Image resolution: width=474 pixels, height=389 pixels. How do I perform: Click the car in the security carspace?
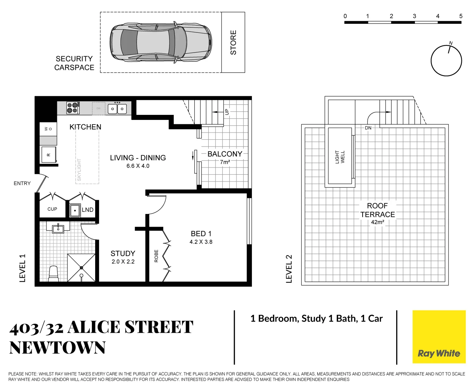click(161, 42)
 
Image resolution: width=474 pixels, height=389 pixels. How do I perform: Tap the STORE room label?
click(233, 43)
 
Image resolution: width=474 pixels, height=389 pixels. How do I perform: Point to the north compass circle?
click(446, 61)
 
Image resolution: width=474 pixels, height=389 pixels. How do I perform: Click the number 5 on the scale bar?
click(461, 16)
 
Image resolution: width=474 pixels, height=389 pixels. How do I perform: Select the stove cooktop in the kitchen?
click(73, 108)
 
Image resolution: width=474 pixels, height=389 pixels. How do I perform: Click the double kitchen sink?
click(117, 108)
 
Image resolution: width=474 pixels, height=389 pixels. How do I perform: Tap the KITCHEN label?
click(85, 127)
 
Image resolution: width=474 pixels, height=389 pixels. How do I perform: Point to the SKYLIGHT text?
click(79, 170)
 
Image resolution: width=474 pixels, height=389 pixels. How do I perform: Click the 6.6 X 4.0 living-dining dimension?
click(138, 166)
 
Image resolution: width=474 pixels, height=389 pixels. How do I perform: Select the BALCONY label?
click(225, 154)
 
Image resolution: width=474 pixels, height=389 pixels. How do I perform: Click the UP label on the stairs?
click(226, 112)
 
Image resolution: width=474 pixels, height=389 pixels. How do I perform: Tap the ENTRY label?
click(22, 183)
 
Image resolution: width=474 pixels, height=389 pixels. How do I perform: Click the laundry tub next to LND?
click(75, 210)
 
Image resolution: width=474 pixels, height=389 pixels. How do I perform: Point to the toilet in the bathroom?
click(53, 273)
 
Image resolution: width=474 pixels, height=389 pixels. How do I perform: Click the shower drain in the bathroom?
click(81, 268)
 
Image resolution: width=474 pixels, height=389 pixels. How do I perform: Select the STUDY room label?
click(123, 254)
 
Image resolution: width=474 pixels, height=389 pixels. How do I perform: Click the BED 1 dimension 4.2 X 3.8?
click(201, 242)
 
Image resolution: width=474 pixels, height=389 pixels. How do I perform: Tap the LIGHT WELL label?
click(340, 157)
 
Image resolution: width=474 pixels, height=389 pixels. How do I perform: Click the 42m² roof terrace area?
click(377, 222)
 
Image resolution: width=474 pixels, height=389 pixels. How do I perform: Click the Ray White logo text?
click(439, 353)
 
